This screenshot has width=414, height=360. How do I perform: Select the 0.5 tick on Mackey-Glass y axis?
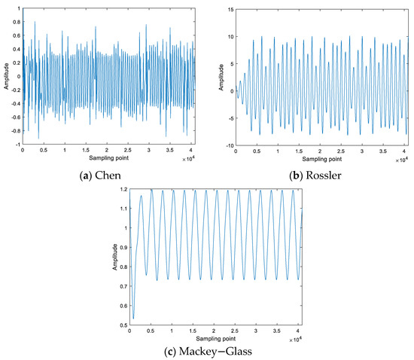pos(123,325)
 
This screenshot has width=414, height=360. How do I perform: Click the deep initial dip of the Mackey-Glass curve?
pos(133,318)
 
